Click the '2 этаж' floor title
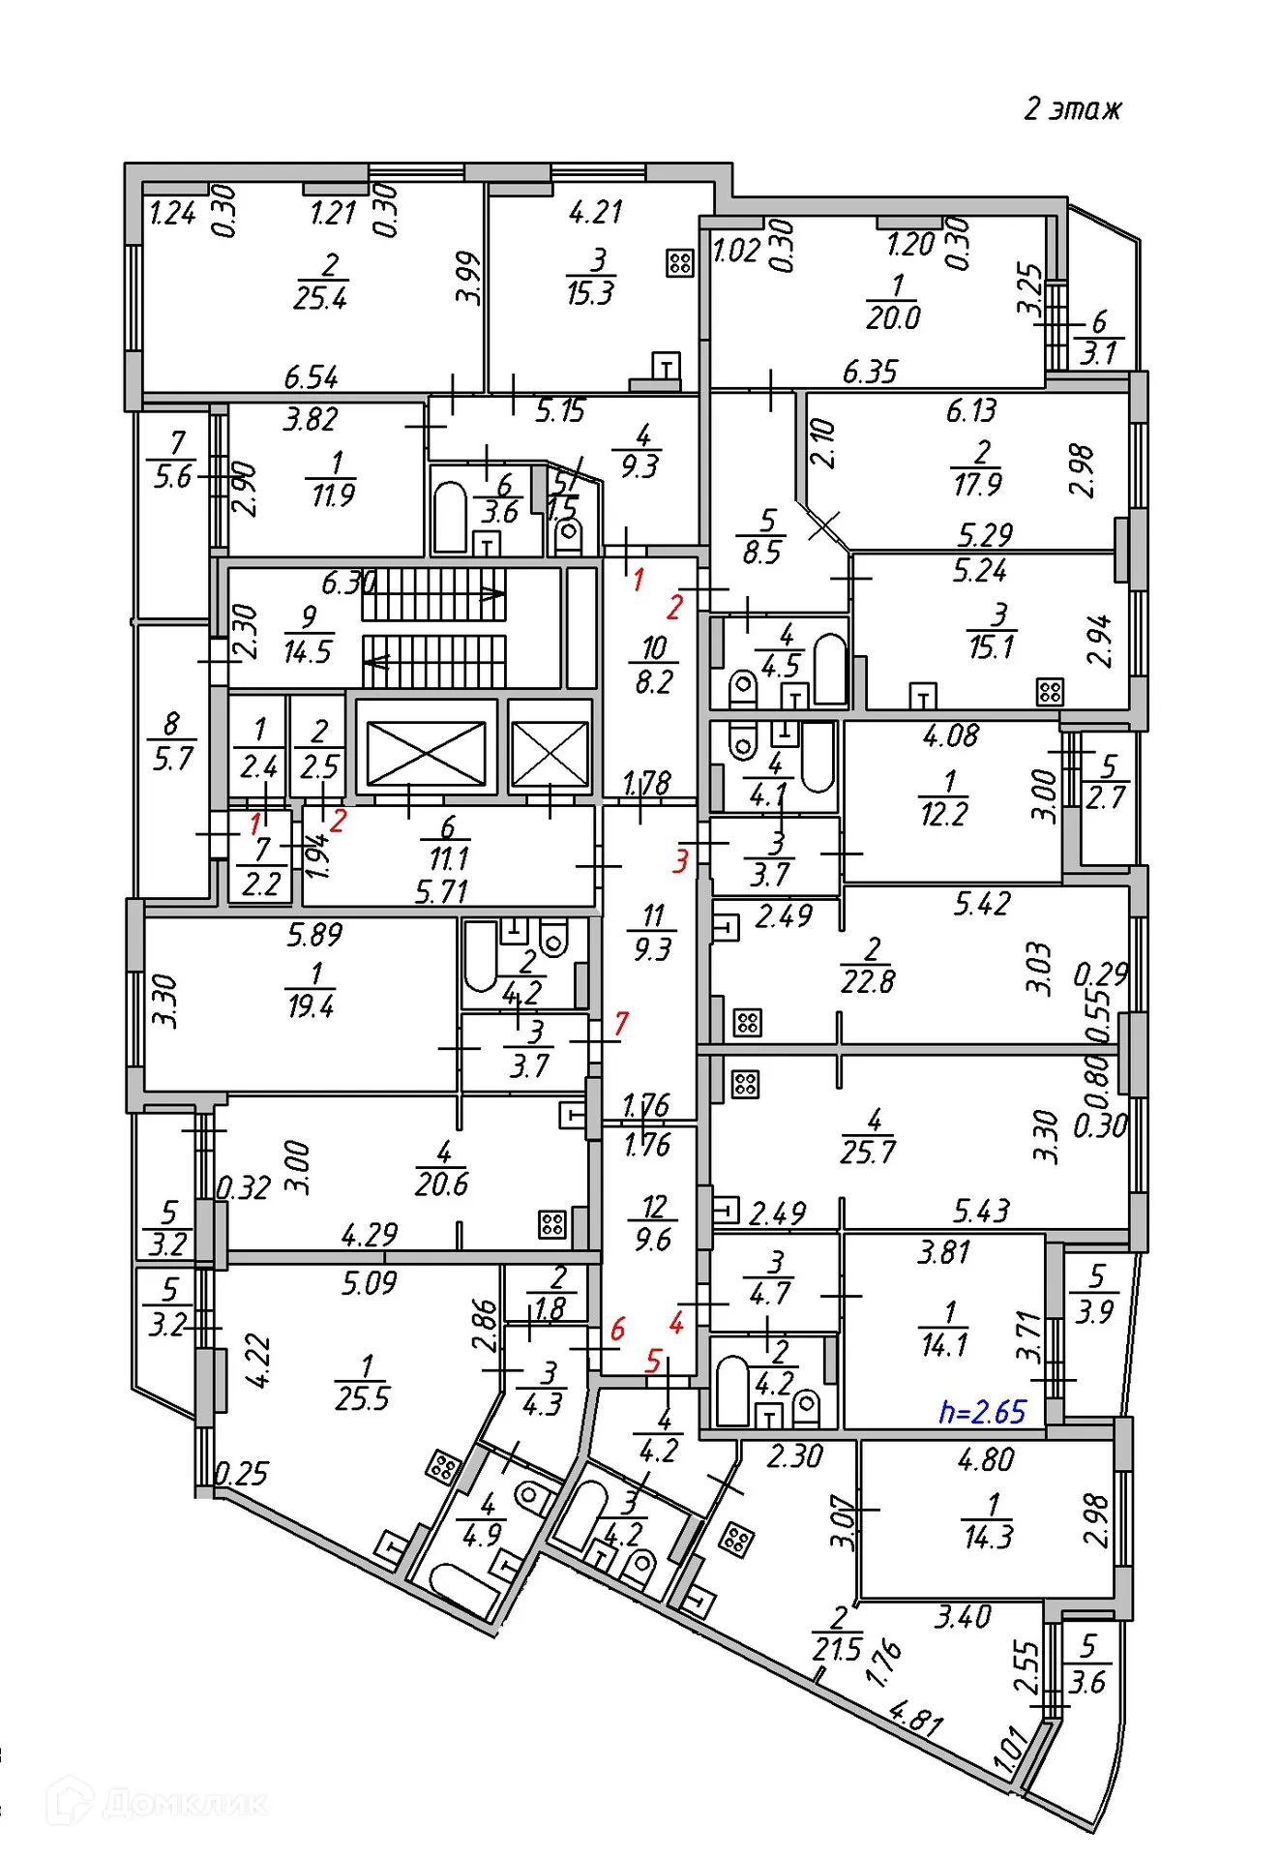pyautogui.click(x=1072, y=108)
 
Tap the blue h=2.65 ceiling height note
pyautogui.click(x=981, y=1412)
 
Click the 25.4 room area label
pyautogui.click(x=320, y=298)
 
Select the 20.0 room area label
pyautogui.click(x=893, y=317)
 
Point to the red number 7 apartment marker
pyautogui.click(x=621, y=1023)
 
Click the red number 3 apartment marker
pyautogui.click(x=681, y=860)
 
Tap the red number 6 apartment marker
pyautogui.click(x=617, y=1329)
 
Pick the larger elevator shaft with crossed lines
pyautogui.click(x=426, y=752)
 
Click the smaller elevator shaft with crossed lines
pyautogui.click(x=550, y=752)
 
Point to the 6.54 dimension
pyautogui.click(x=312, y=376)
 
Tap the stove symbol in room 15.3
pyautogui.click(x=680, y=262)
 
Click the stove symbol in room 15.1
pyautogui.click(x=1050, y=691)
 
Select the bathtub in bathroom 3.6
pyautogui.click(x=450, y=517)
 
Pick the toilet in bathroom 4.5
pyautogui.click(x=742, y=687)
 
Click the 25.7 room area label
pyautogui.click(x=868, y=1152)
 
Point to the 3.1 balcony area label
pyautogui.click(x=1098, y=353)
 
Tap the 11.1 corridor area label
pyautogui.click(x=448, y=858)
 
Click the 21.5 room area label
pyautogui.click(x=837, y=1649)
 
